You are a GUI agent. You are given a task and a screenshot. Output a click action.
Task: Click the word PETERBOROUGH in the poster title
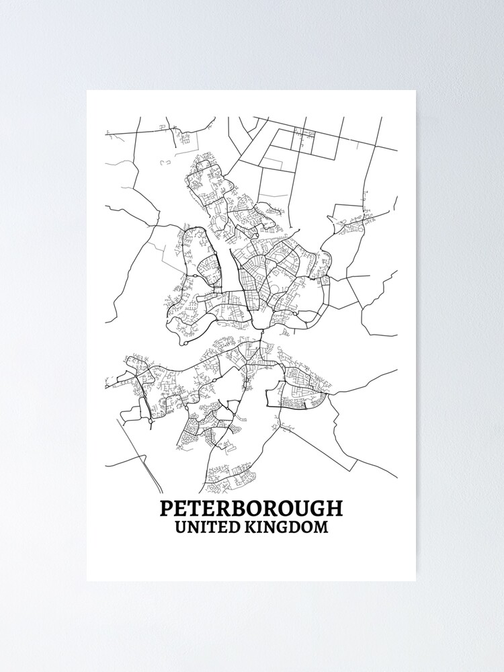(251, 508)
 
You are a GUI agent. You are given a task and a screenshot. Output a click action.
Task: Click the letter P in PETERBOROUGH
(166, 508)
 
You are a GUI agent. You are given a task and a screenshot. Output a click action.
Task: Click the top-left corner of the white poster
(87, 91)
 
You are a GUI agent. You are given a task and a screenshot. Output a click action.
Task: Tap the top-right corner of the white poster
(415, 91)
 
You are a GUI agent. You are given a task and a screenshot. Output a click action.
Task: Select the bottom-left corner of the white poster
(87, 581)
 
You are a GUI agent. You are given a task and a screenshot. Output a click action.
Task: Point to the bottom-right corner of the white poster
(415, 581)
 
